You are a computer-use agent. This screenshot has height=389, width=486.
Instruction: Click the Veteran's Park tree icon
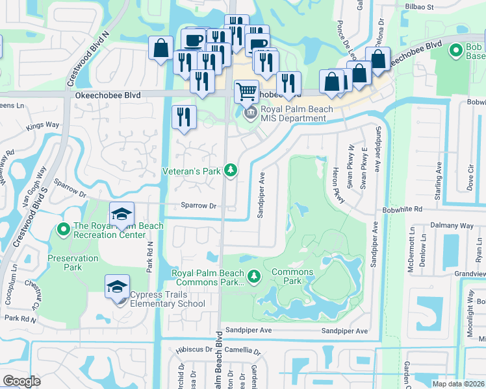tap(230, 171)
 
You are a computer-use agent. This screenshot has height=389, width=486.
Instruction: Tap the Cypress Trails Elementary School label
tap(168, 299)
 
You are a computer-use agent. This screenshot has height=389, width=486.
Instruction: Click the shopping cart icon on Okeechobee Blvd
tap(246, 91)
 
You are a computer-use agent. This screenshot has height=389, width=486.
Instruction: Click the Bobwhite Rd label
tap(403, 209)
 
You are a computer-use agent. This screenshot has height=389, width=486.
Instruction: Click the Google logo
tap(21, 381)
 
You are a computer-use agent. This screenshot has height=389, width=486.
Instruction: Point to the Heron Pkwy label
tap(337, 182)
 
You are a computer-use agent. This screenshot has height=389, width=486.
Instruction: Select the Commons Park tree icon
tap(255, 277)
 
